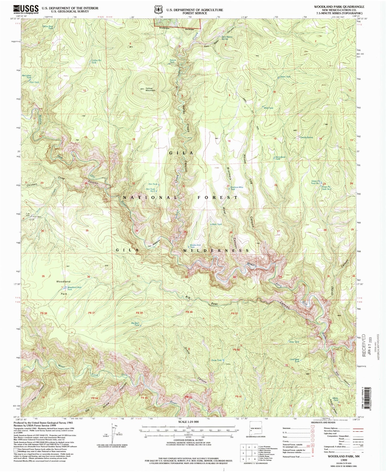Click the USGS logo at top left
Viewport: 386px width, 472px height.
26,10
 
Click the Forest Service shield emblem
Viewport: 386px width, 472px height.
159,10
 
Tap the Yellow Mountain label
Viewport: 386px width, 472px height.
150,89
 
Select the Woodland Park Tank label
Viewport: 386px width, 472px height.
74,288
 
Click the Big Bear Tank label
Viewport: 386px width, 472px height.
135,324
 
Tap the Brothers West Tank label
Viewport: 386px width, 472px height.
237,188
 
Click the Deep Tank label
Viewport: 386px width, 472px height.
294,342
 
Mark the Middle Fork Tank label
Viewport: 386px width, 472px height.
195,246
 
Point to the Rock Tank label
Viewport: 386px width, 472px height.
217,224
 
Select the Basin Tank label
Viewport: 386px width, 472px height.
285,77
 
